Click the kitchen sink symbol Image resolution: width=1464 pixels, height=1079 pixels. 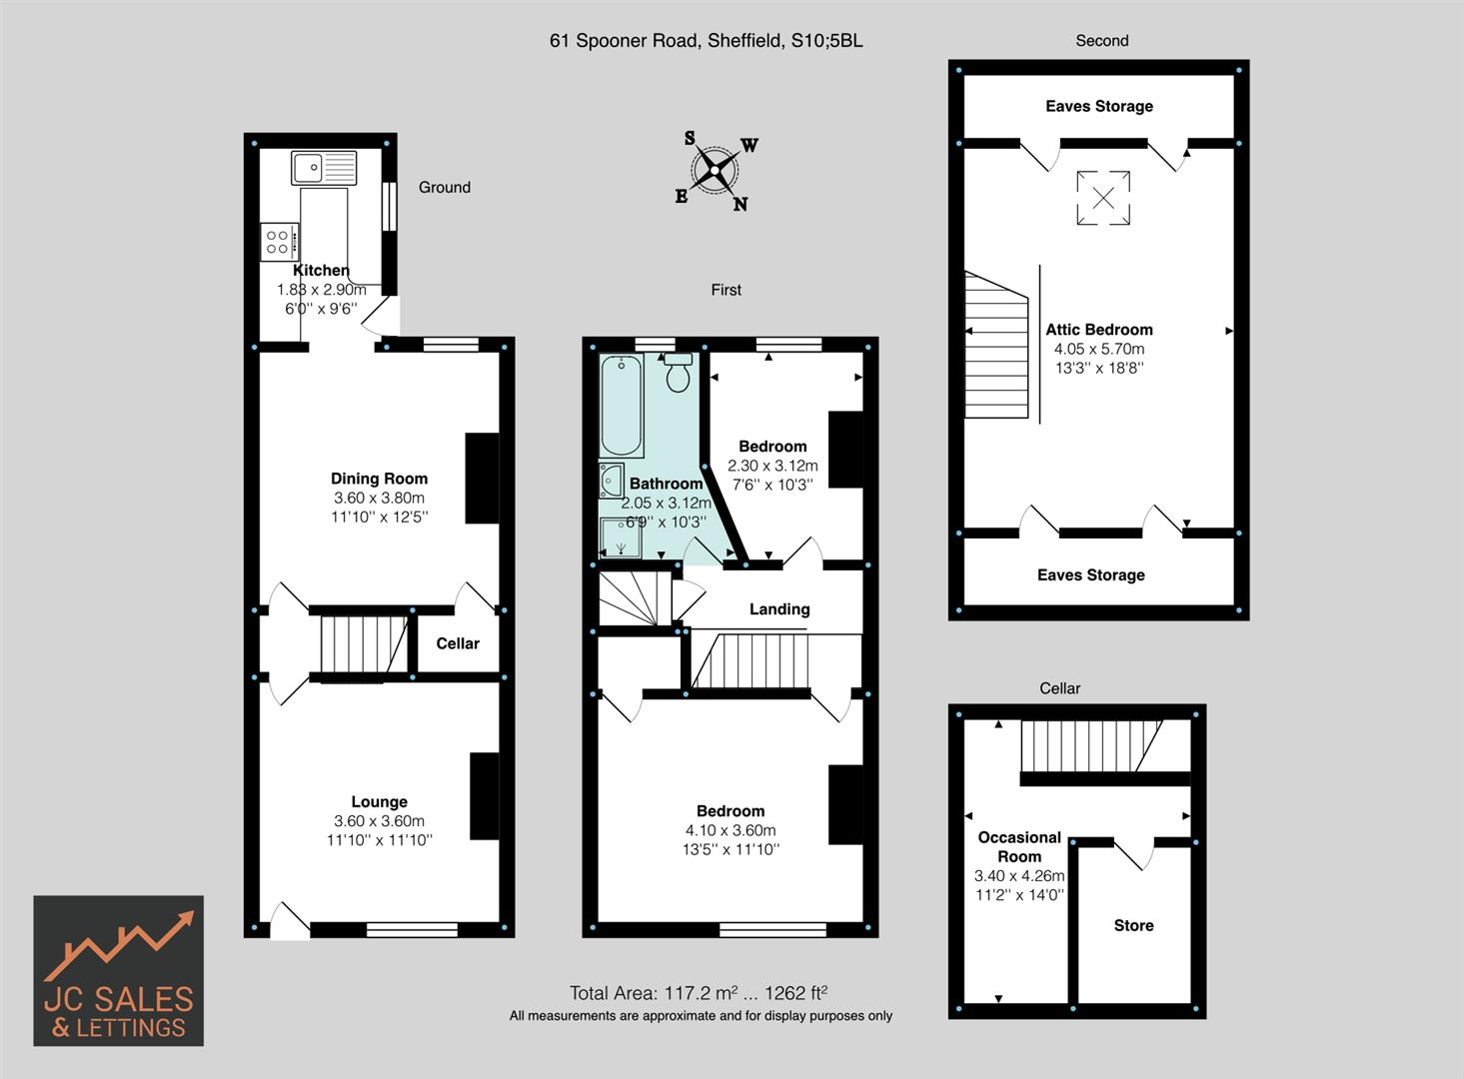(324, 167)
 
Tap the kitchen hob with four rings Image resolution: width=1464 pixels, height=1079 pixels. (279, 242)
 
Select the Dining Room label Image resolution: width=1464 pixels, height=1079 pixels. (379, 479)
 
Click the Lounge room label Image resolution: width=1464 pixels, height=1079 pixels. (379, 801)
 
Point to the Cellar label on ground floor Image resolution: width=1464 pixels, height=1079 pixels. (458, 643)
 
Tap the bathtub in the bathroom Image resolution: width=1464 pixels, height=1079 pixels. (622, 406)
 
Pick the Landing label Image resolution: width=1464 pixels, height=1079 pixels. (779, 609)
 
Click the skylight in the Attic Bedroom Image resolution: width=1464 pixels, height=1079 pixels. (1103, 198)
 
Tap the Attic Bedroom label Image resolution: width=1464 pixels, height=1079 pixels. (1099, 330)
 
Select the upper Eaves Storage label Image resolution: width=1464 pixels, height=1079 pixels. (1099, 106)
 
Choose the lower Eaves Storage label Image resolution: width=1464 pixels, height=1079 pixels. (1091, 574)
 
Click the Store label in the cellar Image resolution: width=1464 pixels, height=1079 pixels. (1133, 925)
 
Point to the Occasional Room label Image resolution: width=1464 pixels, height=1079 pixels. (1019, 846)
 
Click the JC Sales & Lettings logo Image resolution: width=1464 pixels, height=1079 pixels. (119, 970)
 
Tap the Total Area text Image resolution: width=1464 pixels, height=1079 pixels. (698, 993)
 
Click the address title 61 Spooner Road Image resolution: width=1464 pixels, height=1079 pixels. (706, 41)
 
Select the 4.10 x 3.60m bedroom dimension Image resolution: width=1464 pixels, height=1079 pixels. (731, 830)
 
